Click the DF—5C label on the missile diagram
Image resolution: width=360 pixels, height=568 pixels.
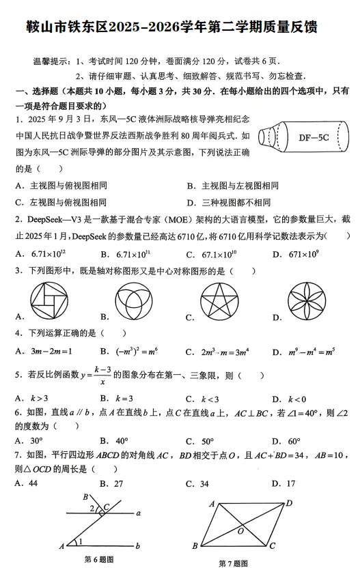tap(314, 138)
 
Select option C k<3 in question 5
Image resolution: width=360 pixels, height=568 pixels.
tap(208, 398)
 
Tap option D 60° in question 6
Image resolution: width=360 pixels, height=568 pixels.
tap(290, 441)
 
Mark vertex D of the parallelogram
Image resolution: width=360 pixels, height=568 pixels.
tap(289, 503)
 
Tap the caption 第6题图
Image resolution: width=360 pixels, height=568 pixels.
tap(98, 560)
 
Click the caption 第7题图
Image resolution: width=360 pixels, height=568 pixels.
tap(234, 563)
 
